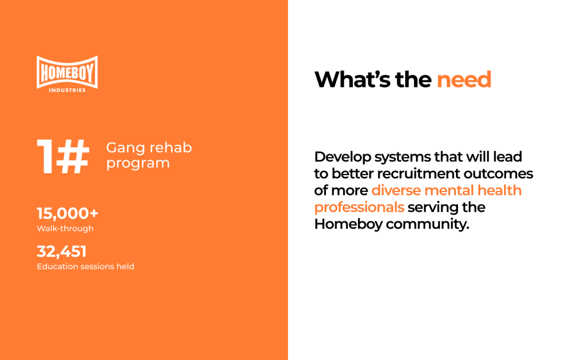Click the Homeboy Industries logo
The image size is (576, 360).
click(67, 74)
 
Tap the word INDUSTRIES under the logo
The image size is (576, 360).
click(67, 90)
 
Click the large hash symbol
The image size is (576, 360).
click(73, 156)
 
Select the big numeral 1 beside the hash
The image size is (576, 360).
click(45, 156)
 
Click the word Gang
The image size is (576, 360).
click(125, 148)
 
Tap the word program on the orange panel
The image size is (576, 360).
click(138, 164)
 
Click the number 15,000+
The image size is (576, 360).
click(67, 214)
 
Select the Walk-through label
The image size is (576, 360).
click(65, 228)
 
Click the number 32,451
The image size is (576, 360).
click(62, 251)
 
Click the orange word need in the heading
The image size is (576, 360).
click(464, 80)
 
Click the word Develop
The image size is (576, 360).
click(343, 157)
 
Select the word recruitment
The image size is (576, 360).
click(419, 174)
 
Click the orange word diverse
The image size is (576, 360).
click(396, 191)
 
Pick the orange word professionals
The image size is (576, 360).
click(359, 208)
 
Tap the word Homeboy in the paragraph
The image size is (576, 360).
click(348, 225)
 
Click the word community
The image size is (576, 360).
click(428, 225)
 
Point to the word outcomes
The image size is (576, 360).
click(498, 174)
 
